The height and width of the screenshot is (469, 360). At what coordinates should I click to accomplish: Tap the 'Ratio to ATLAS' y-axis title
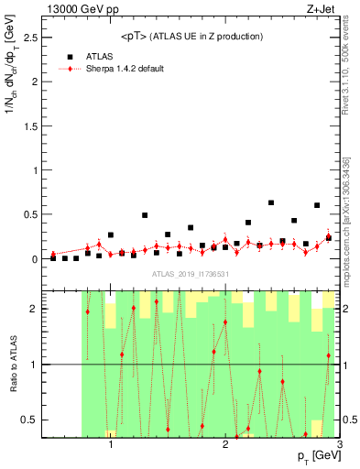[x=11, y=364]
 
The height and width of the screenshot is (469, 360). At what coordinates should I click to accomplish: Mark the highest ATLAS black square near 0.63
[x=271, y=202]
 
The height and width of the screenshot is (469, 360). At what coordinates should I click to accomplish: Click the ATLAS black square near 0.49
[x=145, y=215]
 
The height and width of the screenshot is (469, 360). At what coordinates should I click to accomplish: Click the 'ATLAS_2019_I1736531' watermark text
[x=191, y=275]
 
